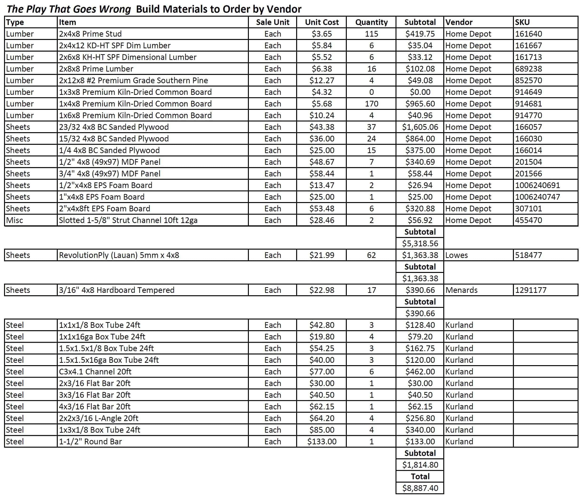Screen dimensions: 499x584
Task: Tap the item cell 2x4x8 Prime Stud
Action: click(x=90, y=34)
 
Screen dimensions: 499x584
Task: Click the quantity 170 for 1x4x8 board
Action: click(x=371, y=104)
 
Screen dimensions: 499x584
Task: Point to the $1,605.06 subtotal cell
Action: click(x=420, y=127)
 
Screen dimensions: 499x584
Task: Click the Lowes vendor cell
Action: click(x=456, y=255)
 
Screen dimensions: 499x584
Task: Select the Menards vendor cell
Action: click(x=461, y=290)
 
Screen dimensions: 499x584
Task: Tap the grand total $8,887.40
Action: click(x=420, y=488)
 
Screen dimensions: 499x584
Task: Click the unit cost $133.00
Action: click(x=322, y=441)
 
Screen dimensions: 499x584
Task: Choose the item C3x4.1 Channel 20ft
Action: click(x=95, y=372)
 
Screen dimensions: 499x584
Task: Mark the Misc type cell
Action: click(x=15, y=220)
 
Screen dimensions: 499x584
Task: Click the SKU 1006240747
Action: click(x=537, y=197)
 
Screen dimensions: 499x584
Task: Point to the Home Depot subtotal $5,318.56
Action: click(x=420, y=243)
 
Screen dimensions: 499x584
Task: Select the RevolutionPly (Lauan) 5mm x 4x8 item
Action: click(x=119, y=255)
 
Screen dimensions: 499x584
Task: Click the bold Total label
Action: click(x=420, y=476)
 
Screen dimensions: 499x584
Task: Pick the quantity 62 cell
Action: click(x=371, y=255)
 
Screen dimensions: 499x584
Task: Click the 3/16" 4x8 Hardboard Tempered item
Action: click(x=116, y=290)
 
